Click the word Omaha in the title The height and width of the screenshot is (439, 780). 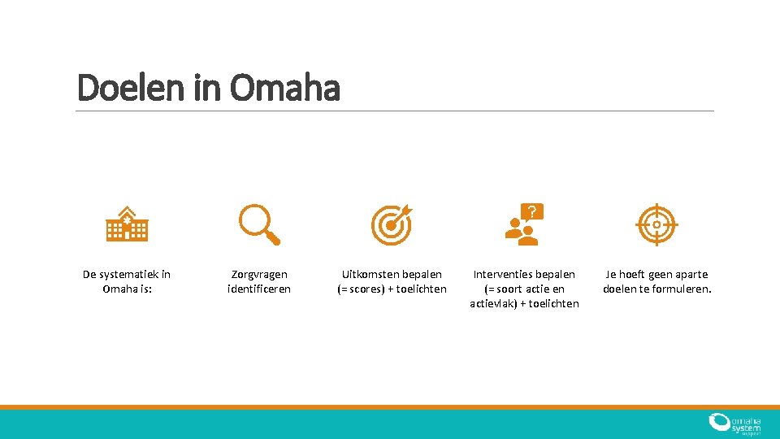[284, 88]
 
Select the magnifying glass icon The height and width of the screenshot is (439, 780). [259, 224]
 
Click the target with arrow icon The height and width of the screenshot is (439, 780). [392, 224]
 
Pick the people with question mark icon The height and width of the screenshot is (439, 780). [524, 225]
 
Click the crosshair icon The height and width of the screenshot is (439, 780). [656, 225]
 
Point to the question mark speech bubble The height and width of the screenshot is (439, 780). [531, 213]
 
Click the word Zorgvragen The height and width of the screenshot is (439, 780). [259, 275]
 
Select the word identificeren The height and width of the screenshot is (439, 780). [259, 289]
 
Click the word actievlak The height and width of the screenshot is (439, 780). [495, 303]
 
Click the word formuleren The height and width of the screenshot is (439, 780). [683, 289]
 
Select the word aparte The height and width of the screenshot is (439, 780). [690, 275]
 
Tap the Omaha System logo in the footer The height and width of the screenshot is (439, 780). [734, 424]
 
